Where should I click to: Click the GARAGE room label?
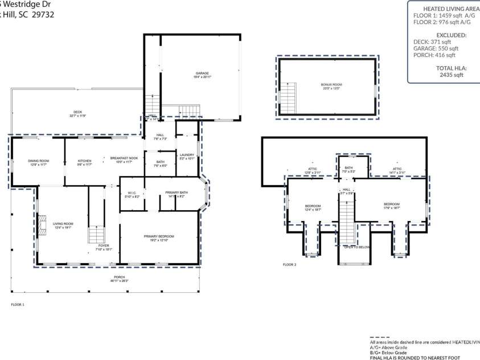click(202, 73)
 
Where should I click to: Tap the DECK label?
click(77, 112)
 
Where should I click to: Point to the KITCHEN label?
click(84, 161)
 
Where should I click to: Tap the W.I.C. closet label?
click(131, 193)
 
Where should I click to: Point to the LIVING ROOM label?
click(63, 224)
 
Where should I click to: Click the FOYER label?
click(104, 246)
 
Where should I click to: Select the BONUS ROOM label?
click(330, 84)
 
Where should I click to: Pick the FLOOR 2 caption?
click(289, 264)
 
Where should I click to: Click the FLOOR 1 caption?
click(18, 305)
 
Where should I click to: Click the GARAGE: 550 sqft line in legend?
click(436, 48)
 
